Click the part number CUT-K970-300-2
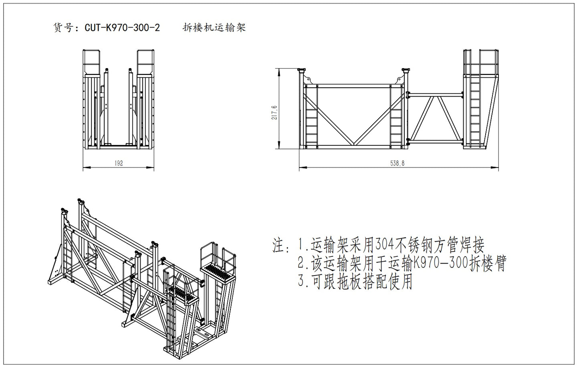pos(122,28)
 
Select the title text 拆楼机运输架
pos(214,28)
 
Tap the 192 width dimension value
pos(119,163)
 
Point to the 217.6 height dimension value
pos(274,113)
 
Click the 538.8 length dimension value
pos(397,163)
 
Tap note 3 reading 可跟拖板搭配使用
pos(355,282)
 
